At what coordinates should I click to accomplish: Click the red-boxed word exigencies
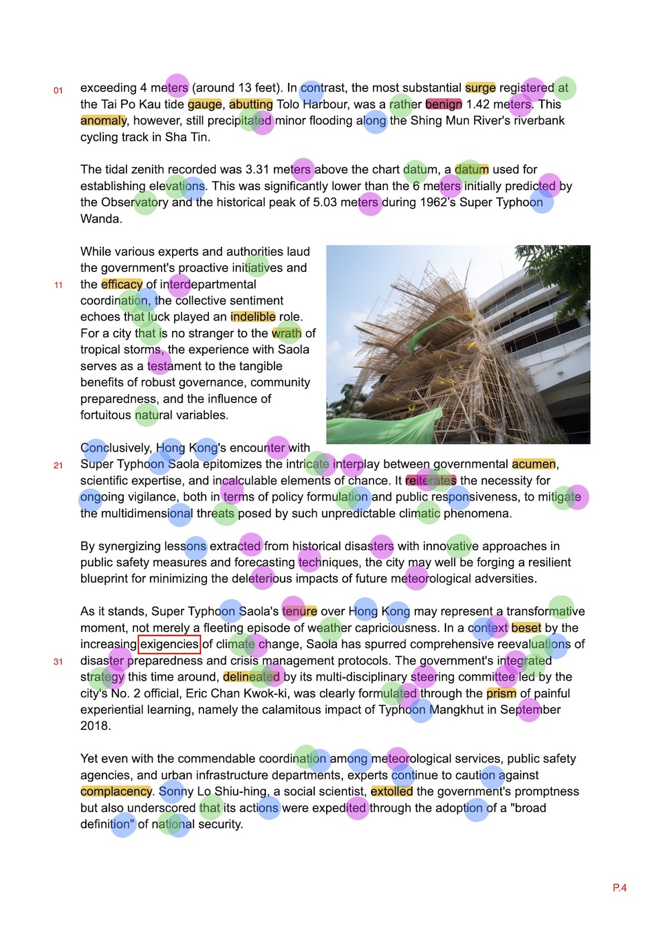coord(169,644)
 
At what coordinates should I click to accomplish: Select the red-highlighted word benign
coord(443,104)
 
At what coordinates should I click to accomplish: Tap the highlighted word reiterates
coord(431,480)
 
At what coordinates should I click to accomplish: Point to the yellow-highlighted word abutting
coord(250,104)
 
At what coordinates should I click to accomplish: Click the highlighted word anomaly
coord(103,120)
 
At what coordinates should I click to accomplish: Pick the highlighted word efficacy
coord(121,284)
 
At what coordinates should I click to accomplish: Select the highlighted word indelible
coord(252,317)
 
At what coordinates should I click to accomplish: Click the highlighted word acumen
coord(534,464)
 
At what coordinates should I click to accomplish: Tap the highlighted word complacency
coord(116,791)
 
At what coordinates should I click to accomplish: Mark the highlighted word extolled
coord(392,791)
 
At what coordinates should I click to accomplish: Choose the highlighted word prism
coord(501,694)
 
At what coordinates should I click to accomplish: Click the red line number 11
coord(58,285)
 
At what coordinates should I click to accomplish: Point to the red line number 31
coord(58,662)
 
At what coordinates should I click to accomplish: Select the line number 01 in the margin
coord(58,90)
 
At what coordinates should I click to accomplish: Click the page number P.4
coord(619,888)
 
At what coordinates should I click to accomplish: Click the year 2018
coord(96,726)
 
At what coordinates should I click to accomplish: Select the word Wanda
coord(100,219)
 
